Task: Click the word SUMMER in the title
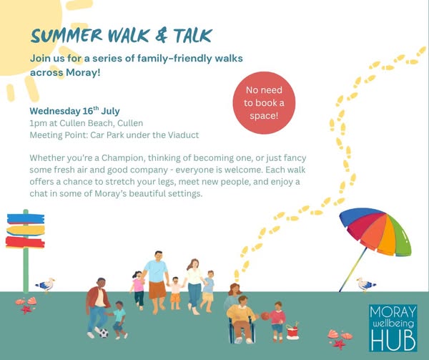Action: pyautogui.click(x=66, y=36)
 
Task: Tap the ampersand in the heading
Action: pyautogui.click(x=161, y=36)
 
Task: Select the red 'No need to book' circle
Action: pyautogui.click(x=264, y=103)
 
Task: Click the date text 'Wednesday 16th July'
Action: pyautogui.click(x=74, y=111)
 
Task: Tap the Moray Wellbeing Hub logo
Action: pyautogui.click(x=393, y=328)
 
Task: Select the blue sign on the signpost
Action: pyautogui.click(x=26, y=219)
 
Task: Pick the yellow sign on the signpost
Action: pyautogui.click(x=26, y=230)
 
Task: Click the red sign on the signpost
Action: pyautogui.click(x=25, y=243)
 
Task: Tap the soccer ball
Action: pyautogui.click(x=104, y=334)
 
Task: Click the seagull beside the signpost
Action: pyautogui.click(x=46, y=285)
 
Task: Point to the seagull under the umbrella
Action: pyautogui.click(x=365, y=284)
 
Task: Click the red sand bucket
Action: pyautogui.click(x=292, y=331)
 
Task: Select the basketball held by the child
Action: pyautogui.click(x=265, y=316)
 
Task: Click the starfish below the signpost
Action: pyautogui.click(x=26, y=310)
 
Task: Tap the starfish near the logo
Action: pyautogui.click(x=339, y=344)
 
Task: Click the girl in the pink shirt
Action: pyautogui.click(x=138, y=290)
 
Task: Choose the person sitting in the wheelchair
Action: pyautogui.click(x=241, y=319)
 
